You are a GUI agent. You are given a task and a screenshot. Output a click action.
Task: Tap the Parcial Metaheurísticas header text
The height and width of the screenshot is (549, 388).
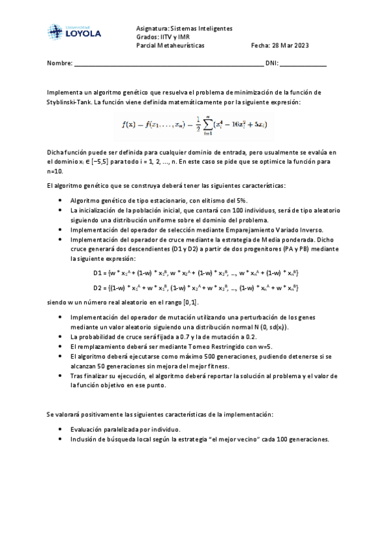click(x=170, y=46)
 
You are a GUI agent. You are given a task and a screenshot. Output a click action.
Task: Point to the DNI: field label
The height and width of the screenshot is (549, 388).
click(x=271, y=64)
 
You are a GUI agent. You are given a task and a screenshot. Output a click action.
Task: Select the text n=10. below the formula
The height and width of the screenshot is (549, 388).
click(x=56, y=173)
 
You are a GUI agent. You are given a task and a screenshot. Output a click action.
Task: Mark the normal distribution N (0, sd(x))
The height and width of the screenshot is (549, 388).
click(x=262, y=328)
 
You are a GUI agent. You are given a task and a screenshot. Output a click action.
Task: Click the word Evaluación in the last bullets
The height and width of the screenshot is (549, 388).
click(x=87, y=429)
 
